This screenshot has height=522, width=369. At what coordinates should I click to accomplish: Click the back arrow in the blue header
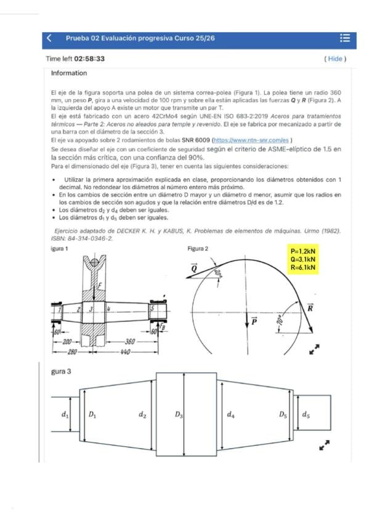[49, 38]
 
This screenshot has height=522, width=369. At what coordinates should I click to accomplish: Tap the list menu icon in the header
[345, 38]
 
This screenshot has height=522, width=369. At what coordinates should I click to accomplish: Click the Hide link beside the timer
[335, 59]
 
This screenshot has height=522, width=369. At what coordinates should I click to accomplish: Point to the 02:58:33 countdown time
[89, 59]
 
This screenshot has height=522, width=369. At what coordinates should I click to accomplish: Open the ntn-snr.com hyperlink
[251, 140]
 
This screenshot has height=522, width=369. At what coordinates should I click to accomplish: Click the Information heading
[69, 73]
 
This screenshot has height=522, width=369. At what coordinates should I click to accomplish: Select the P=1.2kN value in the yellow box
[302, 251]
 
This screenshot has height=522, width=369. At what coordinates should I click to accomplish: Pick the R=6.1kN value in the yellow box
[302, 267]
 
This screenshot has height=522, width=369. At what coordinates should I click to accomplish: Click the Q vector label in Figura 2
[193, 267]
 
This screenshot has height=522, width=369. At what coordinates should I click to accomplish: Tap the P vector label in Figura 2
[254, 321]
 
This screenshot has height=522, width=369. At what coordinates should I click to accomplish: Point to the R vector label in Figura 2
[310, 308]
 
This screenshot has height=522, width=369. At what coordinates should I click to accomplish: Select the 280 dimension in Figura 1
[72, 352]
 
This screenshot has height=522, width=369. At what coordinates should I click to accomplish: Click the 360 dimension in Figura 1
[130, 342]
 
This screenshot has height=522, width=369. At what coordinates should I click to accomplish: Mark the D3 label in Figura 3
[179, 414]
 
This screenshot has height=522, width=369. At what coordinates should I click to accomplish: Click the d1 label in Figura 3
[65, 414]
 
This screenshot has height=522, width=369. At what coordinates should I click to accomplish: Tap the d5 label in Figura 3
[306, 414]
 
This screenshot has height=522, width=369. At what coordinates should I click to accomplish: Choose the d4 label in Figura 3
[230, 414]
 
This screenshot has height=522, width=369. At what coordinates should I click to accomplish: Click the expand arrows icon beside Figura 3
[325, 445]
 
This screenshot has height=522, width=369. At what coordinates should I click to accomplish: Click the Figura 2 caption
[198, 249]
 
